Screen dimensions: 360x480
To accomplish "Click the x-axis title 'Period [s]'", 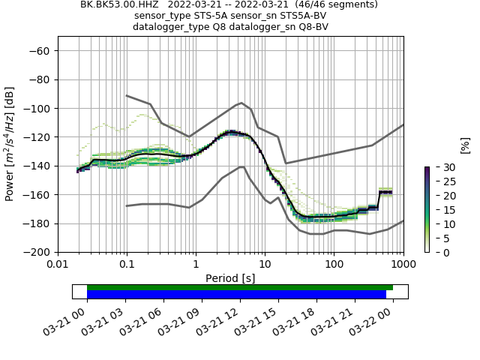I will click(x=230, y=277).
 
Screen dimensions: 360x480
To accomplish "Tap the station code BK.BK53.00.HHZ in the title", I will click(x=124, y=4).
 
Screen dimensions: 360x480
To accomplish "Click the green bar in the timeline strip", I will click(x=239, y=287).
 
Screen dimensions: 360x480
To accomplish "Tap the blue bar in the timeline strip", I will click(x=236, y=295).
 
